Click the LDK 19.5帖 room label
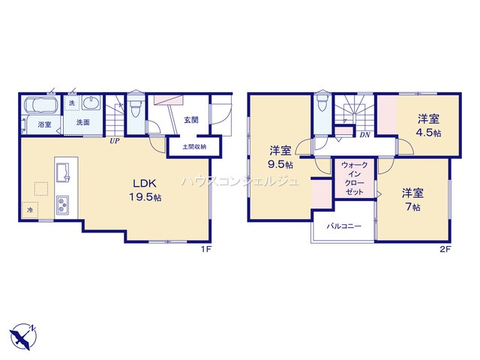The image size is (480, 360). click(145, 190)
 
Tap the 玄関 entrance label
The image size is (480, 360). click(191, 120)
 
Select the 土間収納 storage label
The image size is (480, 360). click(194, 147)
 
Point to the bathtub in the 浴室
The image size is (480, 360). click(40, 105)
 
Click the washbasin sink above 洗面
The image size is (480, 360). click(91, 102)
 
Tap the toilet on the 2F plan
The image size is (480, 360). click(322, 102)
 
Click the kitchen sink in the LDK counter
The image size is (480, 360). click(63, 172)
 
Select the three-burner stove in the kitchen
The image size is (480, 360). click(62, 205)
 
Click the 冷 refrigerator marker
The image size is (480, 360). click(30, 210)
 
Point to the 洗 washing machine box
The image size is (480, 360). click(72, 103)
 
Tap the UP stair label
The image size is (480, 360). click(115, 141)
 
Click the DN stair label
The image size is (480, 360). click(364, 135)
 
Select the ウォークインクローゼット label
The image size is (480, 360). click(354, 178)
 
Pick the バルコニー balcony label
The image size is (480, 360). click(343, 226)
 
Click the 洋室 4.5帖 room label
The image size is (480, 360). click(429, 125)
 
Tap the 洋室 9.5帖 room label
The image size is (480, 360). click(280, 157)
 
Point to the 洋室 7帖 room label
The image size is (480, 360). click(412, 200)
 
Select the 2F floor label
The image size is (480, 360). click(445, 249)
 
